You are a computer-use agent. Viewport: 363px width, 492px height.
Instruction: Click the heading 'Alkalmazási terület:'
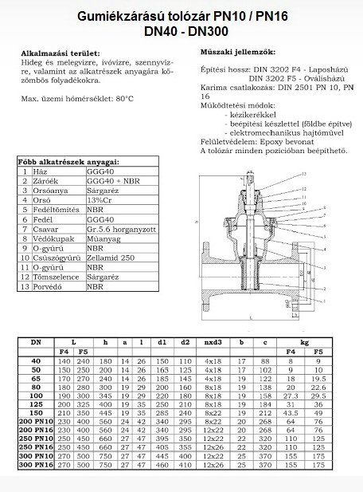(60, 53)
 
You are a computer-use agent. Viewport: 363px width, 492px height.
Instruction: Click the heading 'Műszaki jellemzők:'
(238, 52)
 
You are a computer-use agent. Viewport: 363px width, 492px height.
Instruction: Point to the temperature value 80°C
(125, 99)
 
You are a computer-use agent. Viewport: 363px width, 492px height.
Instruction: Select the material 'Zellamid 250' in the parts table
(111, 258)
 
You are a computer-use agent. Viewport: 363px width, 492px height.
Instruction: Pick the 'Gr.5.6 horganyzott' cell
(121, 230)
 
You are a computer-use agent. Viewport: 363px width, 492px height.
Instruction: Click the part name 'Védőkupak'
(54, 238)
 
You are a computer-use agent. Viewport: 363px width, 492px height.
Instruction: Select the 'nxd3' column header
(213, 342)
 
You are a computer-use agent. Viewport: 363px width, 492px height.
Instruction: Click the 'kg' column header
(304, 342)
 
